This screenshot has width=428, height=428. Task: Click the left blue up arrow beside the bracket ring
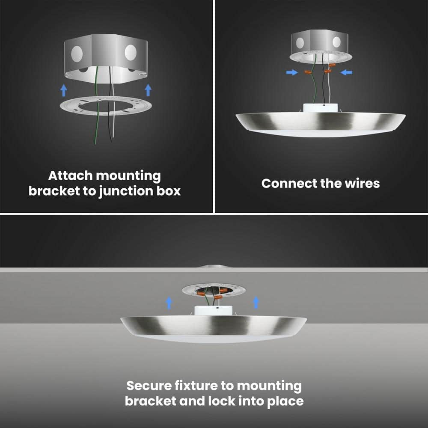(64, 90)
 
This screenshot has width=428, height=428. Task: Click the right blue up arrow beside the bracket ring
(148, 90)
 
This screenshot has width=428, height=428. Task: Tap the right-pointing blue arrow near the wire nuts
(292, 72)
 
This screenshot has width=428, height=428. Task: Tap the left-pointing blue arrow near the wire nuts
(346, 72)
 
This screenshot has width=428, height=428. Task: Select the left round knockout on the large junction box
(77, 53)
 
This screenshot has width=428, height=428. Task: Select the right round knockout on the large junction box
(131, 52)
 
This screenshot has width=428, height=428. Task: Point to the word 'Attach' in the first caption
(71, 175)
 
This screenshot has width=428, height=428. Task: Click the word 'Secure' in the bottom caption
(149, 386)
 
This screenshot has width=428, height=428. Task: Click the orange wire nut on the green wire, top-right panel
(308, 72)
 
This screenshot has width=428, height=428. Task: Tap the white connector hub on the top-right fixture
(321, 107)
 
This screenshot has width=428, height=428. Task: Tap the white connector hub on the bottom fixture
(214, 311)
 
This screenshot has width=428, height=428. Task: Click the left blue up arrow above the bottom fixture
(169, 303)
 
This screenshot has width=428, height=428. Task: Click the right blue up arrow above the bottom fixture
(256, 303)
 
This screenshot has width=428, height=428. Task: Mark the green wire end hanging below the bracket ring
(95, 143)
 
